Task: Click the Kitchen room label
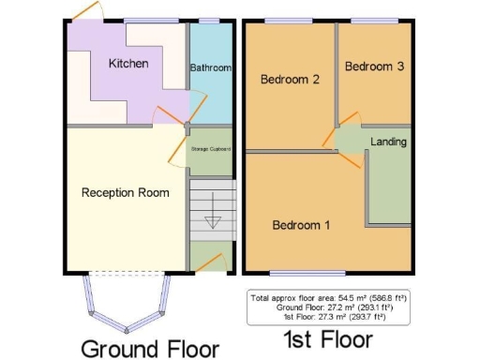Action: (x=127, y=64)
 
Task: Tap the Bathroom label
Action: (x=210, y=68)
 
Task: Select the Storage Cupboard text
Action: (x=211, y=150)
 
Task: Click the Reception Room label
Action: (x=125, y=193)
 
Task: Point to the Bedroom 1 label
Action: (x=301, y=225)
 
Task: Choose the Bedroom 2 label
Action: (x=291, y=81)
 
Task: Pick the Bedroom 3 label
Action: (x=375, y=67)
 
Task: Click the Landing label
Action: (x=388, y=142)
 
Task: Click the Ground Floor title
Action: (x=149, y=347)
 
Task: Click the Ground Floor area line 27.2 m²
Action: (x=331, y=307)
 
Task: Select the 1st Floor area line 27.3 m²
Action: (x=331, y=316)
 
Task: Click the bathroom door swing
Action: (x=198, y=102)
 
